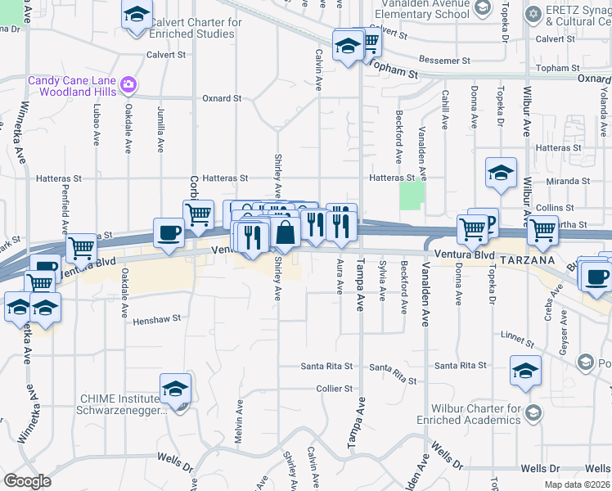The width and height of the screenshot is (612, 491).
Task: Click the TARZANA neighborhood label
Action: tap(524, 259)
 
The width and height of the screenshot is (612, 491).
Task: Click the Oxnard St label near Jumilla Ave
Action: tap(222, 98)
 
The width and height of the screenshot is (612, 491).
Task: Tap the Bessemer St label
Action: tap(441, 60)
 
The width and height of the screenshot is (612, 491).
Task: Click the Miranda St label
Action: tap(570, 181)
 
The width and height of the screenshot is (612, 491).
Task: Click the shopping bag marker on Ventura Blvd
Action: tap(286, 233)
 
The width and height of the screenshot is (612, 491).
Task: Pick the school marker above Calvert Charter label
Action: tap(137, 14)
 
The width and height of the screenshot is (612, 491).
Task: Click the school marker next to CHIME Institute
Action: tap(175, 390)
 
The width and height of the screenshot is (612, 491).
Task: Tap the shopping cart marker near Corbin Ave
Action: tap(198, 214)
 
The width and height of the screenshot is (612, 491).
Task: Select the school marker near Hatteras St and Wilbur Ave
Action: tap(501, 172)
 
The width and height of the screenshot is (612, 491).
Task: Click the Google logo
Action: tap(27, 481)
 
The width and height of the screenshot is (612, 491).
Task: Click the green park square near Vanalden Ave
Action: tap(412, 195)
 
